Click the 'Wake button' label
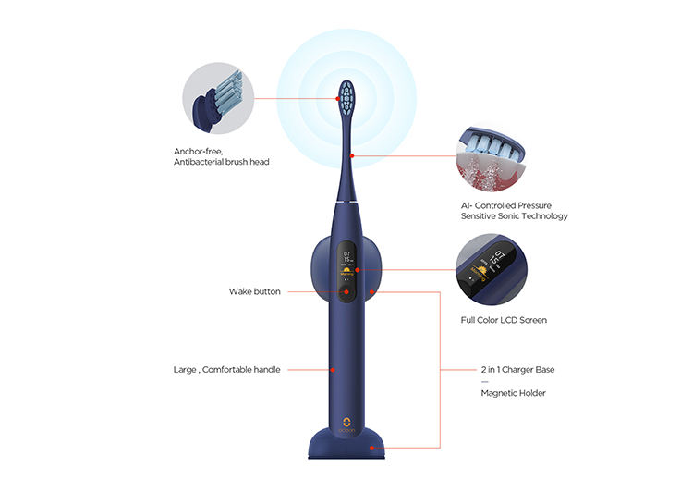[x=255, y=291]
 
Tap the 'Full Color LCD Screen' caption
[x=504, y=320]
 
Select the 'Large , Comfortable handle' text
[x=226, y=369]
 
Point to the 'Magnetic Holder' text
[x=513, y=393]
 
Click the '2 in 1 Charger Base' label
[x=517, y=369]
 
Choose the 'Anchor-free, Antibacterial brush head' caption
[x=222, y=156]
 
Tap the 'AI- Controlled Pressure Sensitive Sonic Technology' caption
[x=514, y=211]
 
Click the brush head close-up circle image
[x=218, y=98]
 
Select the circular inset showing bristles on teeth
[x=491, y=158]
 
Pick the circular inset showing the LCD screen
[x=491, y=269]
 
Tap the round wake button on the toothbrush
[x=346, y=292]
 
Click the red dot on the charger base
[x=371, y=449]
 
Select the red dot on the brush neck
[x=352, y=155]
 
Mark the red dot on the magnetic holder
[x=371, y=292]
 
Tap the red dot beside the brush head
[x=337, y=99]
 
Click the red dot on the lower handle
[x=333, y=370]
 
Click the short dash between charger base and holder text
[x=485, y=381]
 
